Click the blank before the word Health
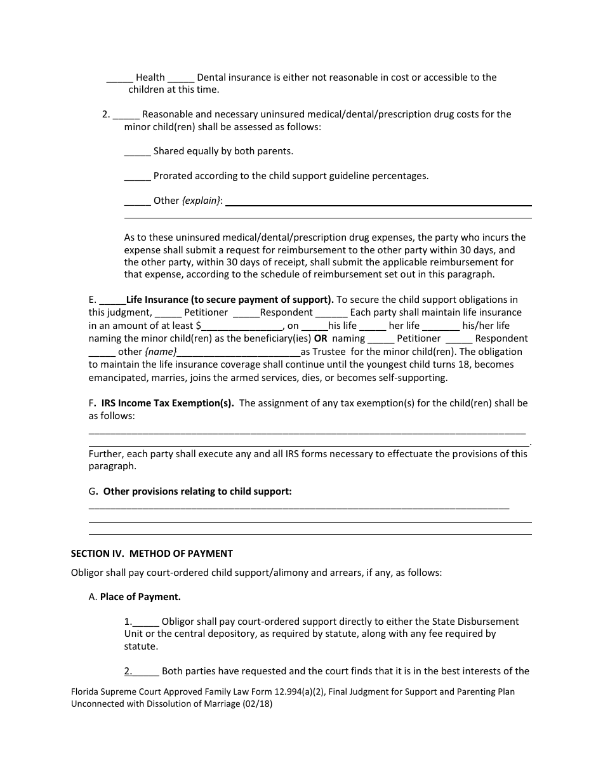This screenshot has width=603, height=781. pos(119,78)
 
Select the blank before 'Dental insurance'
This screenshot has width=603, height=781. pos(182,78)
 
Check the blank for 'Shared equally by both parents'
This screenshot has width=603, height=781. pos(137,152)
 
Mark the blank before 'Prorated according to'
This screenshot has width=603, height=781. pos(137,177)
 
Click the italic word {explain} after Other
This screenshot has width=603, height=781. pos(201,201)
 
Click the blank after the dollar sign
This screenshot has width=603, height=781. pos(242,326)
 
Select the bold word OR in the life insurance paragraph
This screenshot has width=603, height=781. pos(321,339)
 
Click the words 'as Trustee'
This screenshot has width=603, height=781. pos(323,352)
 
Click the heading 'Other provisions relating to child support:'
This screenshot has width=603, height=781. pos(197,491)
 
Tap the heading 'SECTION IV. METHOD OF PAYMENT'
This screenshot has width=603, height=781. pos(152,553)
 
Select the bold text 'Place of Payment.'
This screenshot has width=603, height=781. pos(140,596)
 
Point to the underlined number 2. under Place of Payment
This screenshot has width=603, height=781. pos(128,671)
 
